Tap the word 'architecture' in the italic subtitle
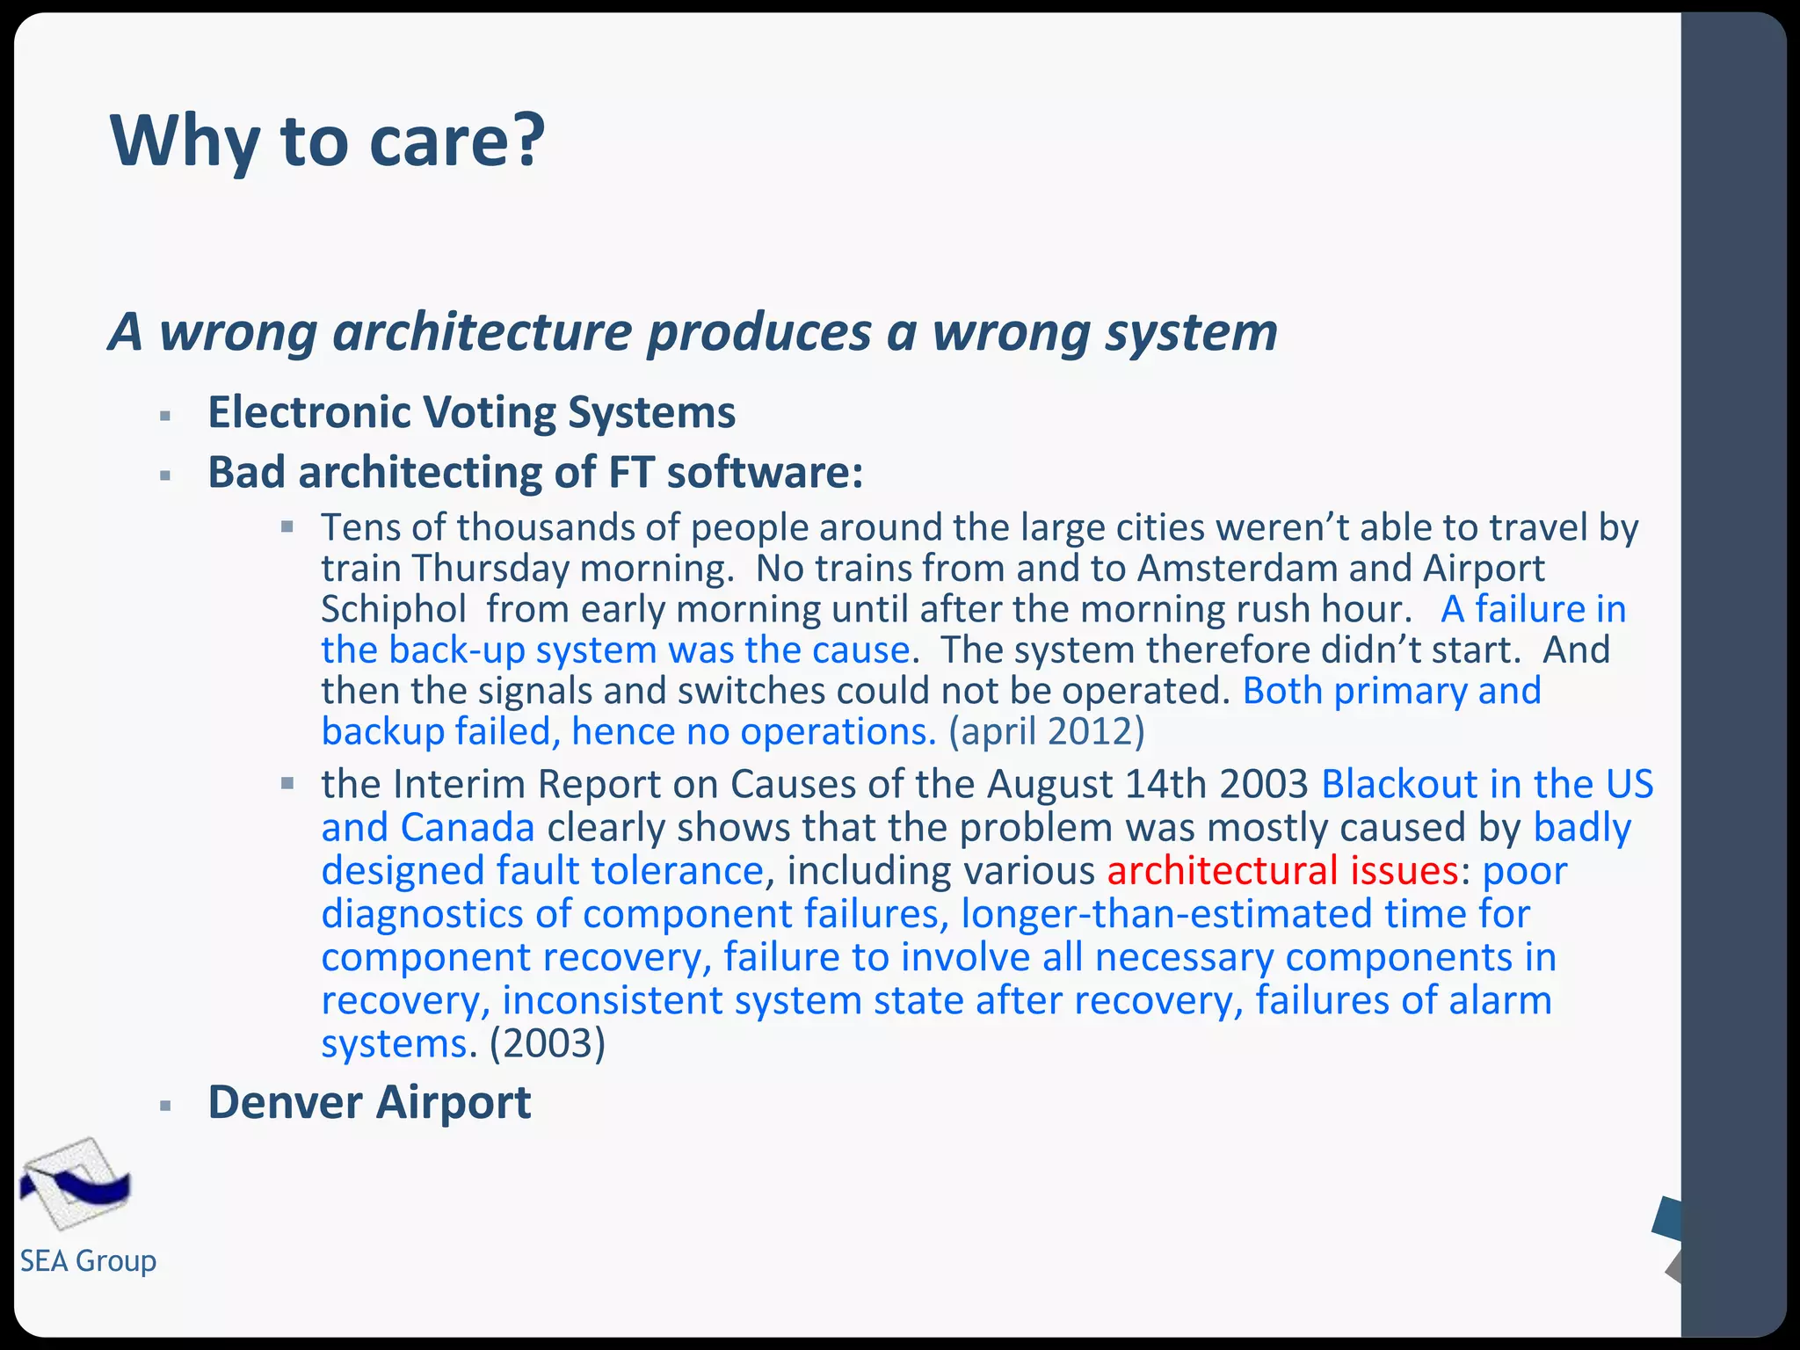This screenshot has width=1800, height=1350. point(482,332)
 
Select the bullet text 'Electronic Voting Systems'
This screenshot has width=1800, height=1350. point(471,412)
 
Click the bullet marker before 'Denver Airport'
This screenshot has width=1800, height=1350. point(165,1106)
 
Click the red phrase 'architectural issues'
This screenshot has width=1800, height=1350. point(1282,871)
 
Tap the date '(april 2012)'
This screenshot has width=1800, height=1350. point(1046,731)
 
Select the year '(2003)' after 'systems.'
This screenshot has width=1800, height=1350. point(548,1043)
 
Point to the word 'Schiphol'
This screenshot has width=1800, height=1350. point(394,609)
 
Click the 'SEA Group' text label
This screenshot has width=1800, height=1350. point(88,1261)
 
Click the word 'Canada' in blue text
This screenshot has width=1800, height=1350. point(467,828)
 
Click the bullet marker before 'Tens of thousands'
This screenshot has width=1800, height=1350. point(287,527)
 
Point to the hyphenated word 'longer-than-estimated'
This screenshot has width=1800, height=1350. point(1166,914)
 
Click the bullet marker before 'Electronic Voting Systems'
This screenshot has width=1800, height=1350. point(165,416)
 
